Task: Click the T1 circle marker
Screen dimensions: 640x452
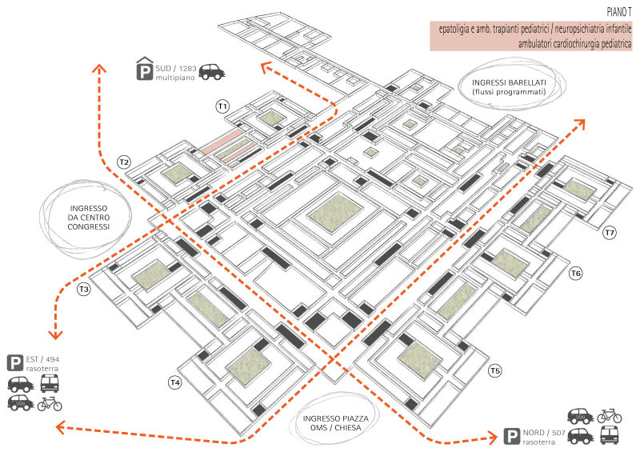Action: pos(222,106)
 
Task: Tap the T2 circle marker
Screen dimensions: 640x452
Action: pos(124,162)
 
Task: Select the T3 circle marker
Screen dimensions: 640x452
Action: pos(84,290)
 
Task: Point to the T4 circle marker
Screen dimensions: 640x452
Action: pos(175,382)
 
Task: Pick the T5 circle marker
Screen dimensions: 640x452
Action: pos(495,370)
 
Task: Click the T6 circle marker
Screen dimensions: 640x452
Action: pos(576,273)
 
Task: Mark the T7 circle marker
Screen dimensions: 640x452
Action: pos(610,233)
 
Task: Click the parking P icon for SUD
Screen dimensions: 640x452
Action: pos(145,69)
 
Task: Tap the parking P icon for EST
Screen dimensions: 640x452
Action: pos(15,363)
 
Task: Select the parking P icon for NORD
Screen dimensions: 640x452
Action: pos(511,436)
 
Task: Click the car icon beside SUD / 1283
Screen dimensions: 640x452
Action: pos(212,72)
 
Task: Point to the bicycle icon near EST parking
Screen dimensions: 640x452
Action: pos(50,404)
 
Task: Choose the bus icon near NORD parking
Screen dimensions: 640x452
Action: pos(610,435)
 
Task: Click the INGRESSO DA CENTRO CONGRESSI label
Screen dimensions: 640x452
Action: pos(89,218)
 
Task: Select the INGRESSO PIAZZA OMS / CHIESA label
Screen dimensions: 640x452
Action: pos(335,423)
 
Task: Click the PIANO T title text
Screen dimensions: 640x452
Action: pos(618,12)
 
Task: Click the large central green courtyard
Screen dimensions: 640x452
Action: pos(335,214)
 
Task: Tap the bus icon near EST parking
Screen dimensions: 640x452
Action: pos(50,383)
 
